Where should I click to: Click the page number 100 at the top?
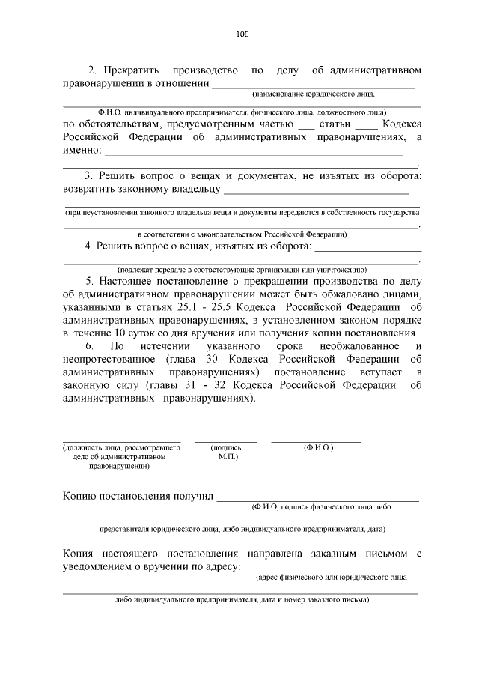(241, 33)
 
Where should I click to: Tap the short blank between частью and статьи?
(305, 124)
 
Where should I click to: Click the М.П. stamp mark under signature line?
(228, 455)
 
